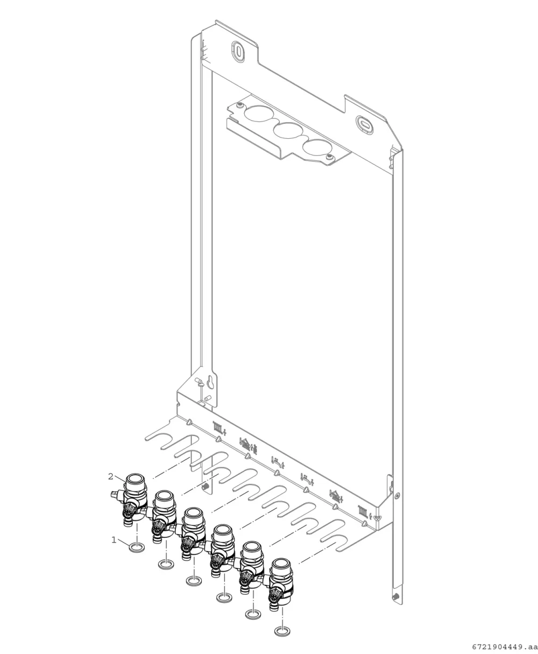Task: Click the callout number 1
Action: pos(114,540)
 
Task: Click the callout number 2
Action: pos(111,476)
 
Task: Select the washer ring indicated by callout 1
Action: pos(137,548)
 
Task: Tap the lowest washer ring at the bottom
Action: pos(282,631)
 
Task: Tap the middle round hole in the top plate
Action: pos(288,130)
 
